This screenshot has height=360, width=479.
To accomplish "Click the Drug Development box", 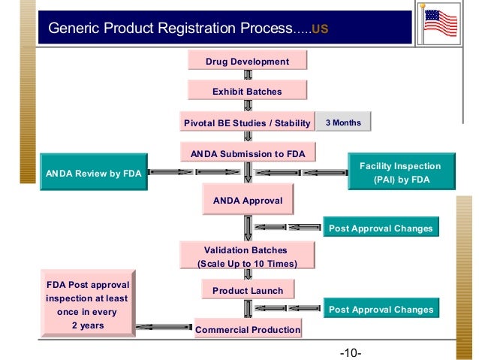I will [248, 61].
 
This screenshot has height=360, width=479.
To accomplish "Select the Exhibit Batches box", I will [247, 91].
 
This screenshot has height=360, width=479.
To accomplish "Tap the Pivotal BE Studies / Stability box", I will [247, 123].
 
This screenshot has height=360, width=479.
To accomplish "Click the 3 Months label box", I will [343, 123].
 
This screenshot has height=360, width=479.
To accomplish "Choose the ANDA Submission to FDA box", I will [247, 153].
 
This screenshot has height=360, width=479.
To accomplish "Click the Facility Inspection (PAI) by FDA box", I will [400, 172].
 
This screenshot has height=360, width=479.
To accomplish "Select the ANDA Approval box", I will [248, 201].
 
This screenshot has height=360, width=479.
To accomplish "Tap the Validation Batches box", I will [246, 256].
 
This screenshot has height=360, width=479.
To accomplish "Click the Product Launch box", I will [247, 290].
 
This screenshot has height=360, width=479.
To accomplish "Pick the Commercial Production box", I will [248, 329].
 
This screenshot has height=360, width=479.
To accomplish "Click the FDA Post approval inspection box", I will [88, 305].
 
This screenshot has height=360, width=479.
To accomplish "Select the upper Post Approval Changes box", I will [380, 228].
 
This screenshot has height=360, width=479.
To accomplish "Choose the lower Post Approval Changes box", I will [380, 309].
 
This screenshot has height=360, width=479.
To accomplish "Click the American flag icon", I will [441, 23].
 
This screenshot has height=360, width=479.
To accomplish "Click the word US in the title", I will [319, 30].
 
